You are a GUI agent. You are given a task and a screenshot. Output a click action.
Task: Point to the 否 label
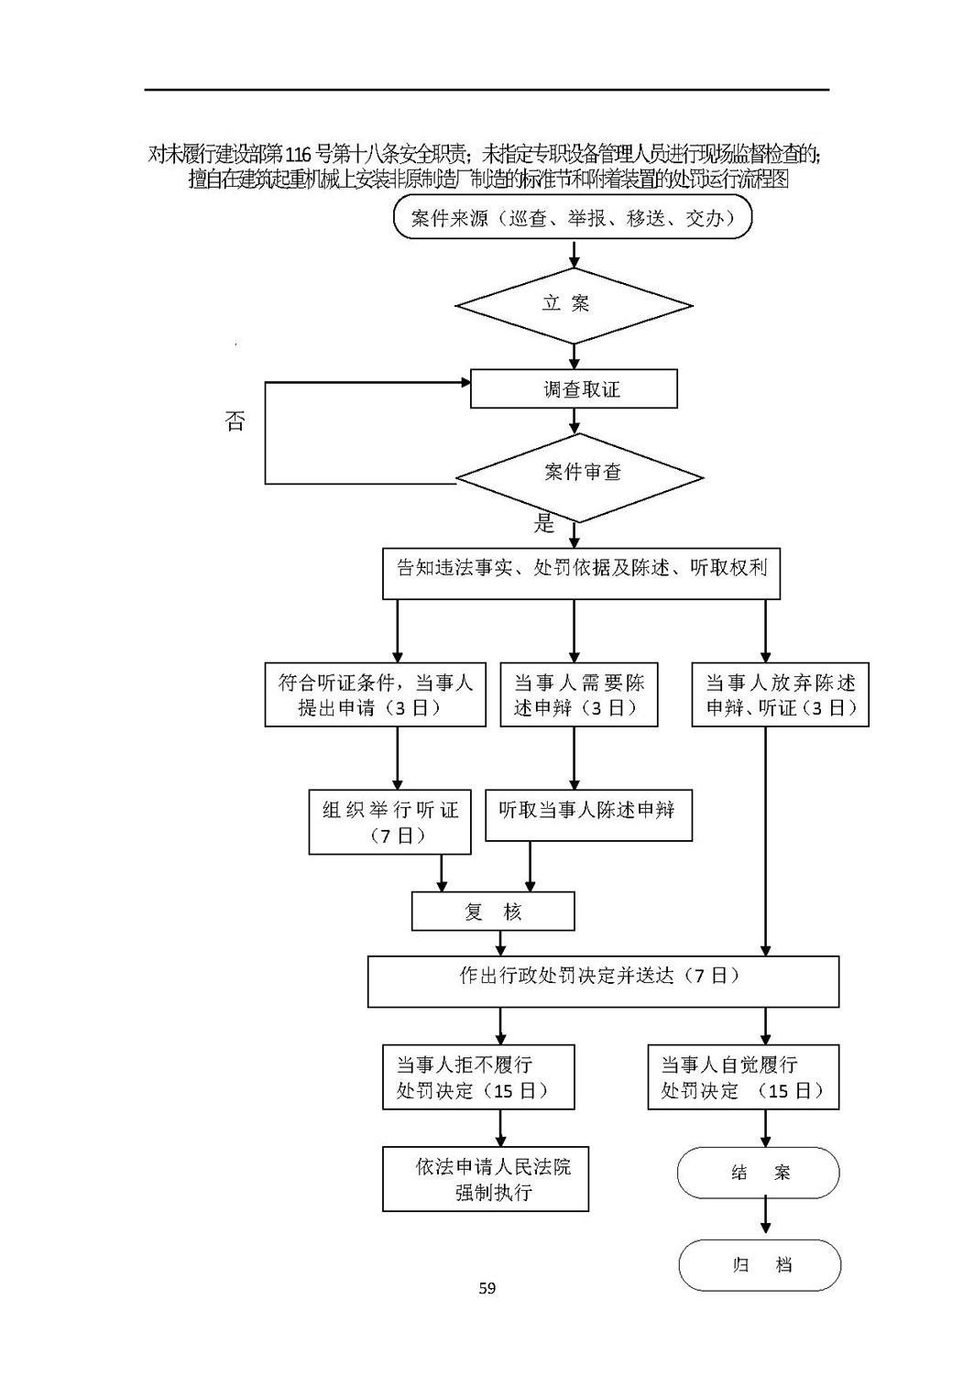(235, 421)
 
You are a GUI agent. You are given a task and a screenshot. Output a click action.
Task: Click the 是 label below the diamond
(544, 523)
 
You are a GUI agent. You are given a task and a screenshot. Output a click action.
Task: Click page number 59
(487, 1288)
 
